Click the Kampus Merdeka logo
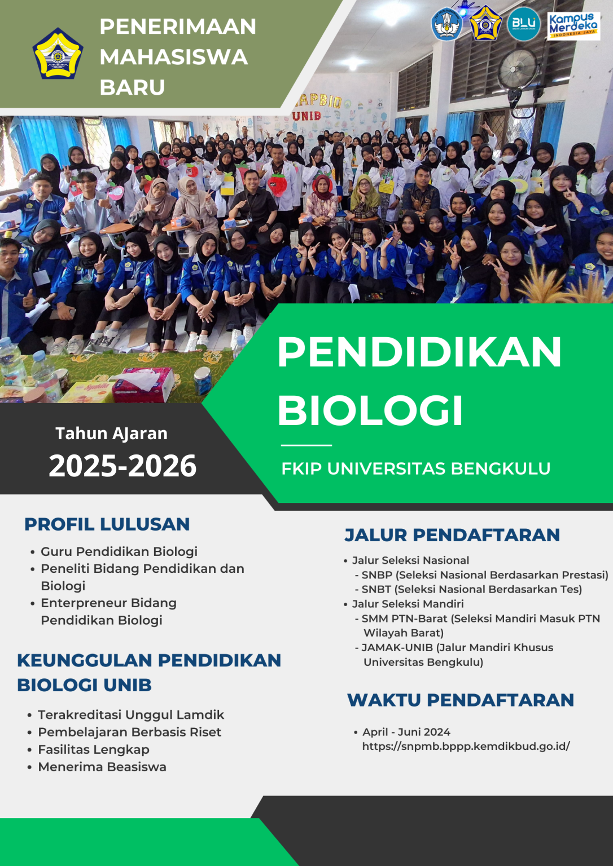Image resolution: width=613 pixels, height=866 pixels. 573,26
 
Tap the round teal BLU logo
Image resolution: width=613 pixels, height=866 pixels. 524,24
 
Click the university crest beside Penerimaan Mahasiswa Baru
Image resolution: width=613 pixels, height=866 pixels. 58,54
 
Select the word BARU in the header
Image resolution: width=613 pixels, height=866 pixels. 132,87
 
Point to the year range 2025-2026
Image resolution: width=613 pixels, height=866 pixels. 122,466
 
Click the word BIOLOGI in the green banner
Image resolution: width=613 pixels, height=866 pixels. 370,410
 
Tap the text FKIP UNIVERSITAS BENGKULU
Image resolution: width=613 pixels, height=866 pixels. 416,469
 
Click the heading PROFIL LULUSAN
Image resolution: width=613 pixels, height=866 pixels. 107,524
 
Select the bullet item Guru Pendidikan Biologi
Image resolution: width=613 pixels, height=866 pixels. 119,552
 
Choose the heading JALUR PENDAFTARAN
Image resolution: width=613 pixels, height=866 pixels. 452,535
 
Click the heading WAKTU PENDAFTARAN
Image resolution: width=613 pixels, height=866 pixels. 461,700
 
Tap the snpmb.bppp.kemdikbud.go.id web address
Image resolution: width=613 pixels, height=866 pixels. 466,746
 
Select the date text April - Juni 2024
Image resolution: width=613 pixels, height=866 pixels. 406,732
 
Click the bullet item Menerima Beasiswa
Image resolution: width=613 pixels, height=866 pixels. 102,767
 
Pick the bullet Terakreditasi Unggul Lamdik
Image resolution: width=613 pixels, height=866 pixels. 131,715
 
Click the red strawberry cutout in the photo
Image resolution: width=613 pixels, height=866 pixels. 277,184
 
